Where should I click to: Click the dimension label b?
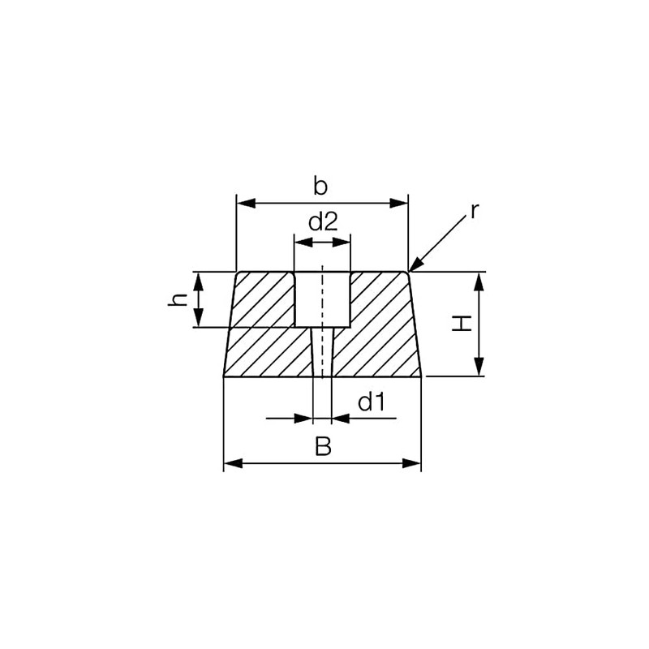(320, 187)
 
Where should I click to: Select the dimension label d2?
(322, 222)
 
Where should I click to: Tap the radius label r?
(475, 212)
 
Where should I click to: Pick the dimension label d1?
(371, 402)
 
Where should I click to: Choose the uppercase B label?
(323, 447)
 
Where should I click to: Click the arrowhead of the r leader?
(414, 267)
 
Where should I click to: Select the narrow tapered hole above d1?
(322, 353)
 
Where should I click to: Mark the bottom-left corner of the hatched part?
(224, 376)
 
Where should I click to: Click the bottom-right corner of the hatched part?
(421, 376)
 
